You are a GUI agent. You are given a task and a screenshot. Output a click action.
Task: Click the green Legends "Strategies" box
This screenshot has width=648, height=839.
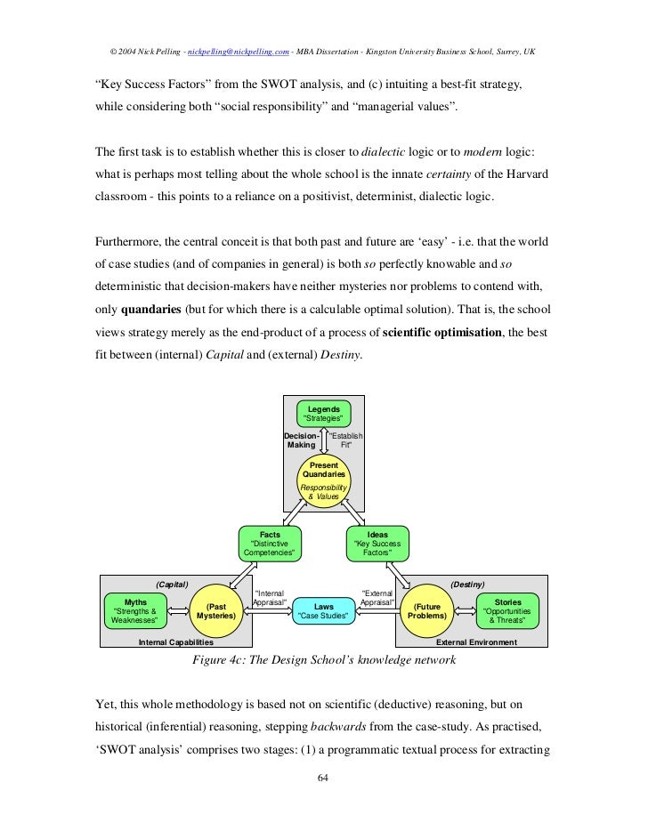point(324,413)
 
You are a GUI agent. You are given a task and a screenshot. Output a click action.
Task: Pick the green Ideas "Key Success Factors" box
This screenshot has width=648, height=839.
point(377,544)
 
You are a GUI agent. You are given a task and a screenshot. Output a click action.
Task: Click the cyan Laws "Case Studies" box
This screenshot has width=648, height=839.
point(324,611)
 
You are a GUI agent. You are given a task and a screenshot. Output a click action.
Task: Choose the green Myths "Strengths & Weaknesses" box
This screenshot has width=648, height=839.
point(135,611)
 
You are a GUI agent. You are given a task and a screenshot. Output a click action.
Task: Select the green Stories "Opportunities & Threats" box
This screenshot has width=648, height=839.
point(509,611)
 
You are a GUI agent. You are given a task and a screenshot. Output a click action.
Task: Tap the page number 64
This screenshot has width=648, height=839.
point(324,779)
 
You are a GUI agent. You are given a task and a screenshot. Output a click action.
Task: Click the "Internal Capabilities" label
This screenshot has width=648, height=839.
point(176,641)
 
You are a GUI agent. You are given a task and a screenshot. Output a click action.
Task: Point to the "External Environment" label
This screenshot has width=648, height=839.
point(476,641)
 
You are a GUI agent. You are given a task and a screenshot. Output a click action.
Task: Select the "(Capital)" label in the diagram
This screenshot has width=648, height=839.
point(172,584)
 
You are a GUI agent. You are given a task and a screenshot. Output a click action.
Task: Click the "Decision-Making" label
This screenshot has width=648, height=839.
point(301,440)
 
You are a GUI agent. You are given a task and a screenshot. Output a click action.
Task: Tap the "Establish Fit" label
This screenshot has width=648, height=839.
point(346,440)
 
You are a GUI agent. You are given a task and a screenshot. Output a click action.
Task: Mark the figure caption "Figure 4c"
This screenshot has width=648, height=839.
point(324,661)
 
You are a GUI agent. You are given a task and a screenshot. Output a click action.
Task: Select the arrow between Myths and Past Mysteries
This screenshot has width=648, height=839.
point(178,611)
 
